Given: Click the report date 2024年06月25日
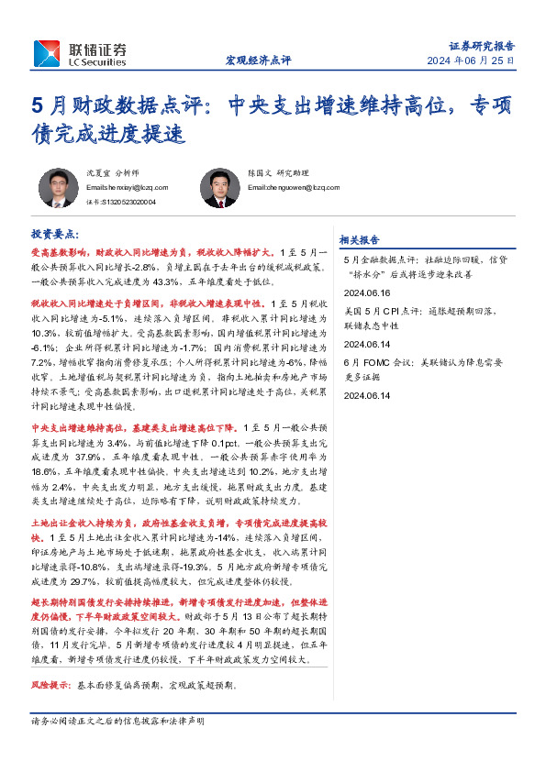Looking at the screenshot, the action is tap(469, 61).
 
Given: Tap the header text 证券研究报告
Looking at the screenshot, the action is tap(481, 45).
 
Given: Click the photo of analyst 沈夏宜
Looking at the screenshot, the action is tap(56, 189).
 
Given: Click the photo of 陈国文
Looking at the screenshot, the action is tap(219, 189).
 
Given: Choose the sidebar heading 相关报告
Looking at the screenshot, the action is tap(359, 239).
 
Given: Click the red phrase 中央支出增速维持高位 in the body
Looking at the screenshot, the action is tap(73, 428).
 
